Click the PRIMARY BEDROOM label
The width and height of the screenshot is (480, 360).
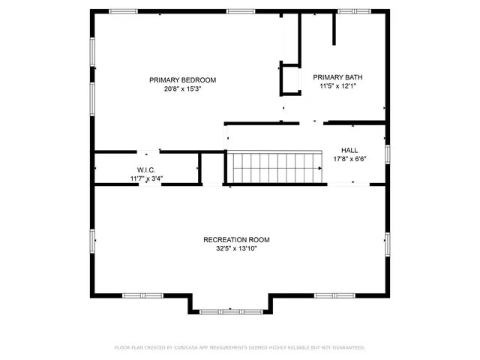(182, 80)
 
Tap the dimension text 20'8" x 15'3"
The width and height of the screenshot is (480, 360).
(182, 88)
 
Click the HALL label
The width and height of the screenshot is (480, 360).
(349, 150)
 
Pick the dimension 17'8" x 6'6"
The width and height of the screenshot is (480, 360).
(349, 158)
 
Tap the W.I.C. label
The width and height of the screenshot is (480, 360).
(145, 170)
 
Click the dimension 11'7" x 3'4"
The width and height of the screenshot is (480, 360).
(145, 178)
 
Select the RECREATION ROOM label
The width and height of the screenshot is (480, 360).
(236, 240)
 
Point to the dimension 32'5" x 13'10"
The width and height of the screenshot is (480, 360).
(236, 248)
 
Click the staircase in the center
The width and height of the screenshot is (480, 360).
(274, 167)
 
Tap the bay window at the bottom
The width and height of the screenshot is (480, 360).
(231, 309)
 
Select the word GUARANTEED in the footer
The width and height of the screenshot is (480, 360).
(347, 348)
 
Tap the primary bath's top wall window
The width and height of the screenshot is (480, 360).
(354, 11)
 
